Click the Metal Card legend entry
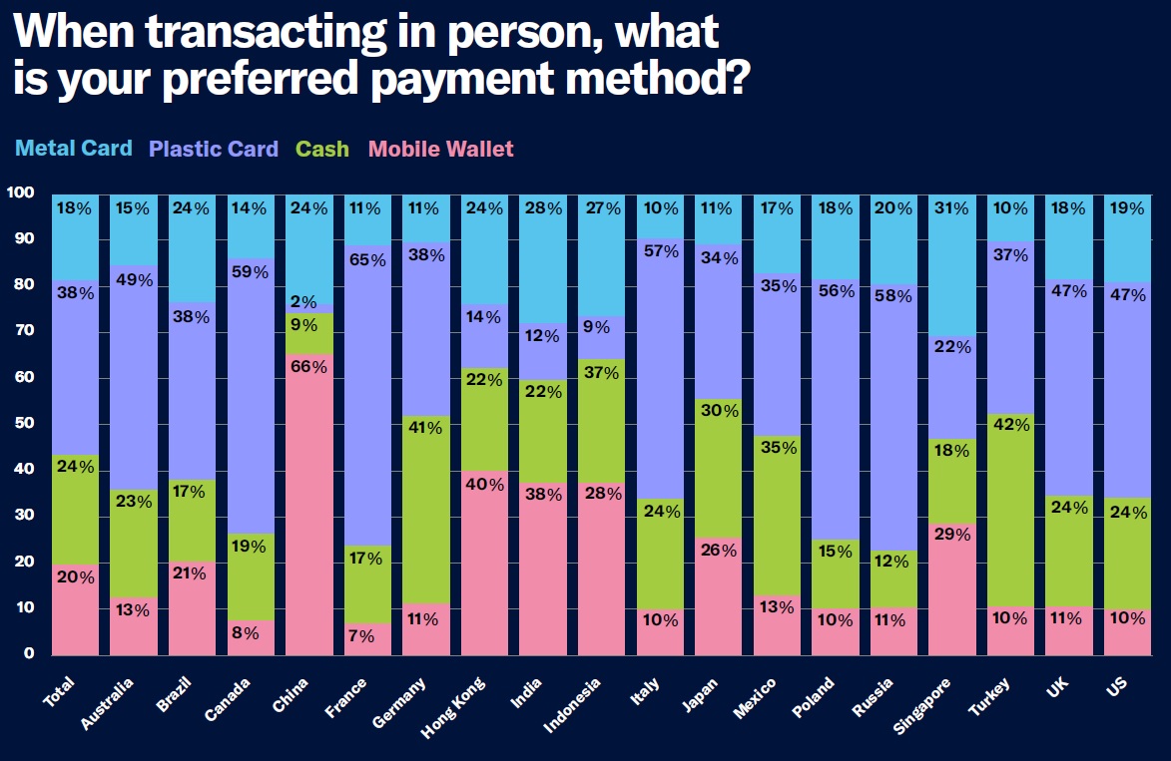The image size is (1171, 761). (74, 149)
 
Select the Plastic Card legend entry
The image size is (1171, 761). (214, 150)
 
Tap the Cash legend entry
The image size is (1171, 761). (322, 150)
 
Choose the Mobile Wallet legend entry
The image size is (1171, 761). (440, 150)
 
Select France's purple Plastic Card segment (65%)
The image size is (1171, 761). (367, 399)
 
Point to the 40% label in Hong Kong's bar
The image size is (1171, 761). (485, 486)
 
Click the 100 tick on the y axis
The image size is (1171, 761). (21, 192)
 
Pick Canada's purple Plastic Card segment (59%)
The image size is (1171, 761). (251, 399)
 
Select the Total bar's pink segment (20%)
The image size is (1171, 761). (75, 609)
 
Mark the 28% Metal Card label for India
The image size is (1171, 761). (544, 208)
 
